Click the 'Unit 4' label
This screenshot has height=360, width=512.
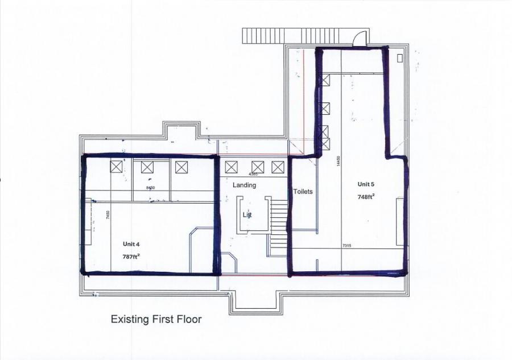click(131, 244)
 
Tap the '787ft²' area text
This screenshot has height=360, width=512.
click(131, 256)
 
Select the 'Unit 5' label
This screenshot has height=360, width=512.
click(366, 184)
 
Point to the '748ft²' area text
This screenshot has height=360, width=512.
click(366, 197)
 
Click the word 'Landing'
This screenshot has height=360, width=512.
click(244, 185)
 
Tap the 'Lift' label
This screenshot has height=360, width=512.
click(247, 215)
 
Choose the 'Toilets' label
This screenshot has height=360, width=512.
click(303, 192)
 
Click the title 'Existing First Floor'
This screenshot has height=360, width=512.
click(156, 319)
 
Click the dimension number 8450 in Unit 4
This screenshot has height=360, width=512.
click(151, 187)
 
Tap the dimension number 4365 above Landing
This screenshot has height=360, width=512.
click(254, 174)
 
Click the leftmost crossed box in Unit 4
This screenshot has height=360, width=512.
click(116, 167)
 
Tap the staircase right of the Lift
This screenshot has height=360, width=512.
click(279, 227)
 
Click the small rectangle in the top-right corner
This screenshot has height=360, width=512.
click(400, 58)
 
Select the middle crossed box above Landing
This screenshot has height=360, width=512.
click(254, 167)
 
